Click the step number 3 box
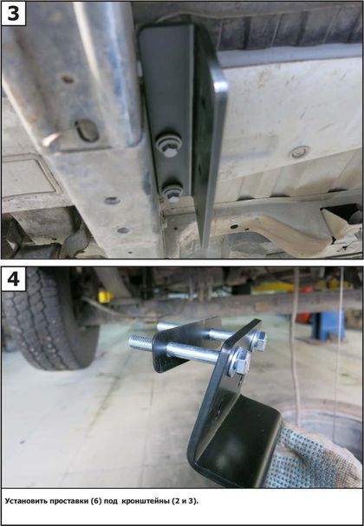(x=14, y=14)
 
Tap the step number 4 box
(x=14, y=279)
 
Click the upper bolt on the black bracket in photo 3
(x=169, y=145)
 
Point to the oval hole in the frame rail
(x=87, y=130)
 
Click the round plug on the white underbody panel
(x=298, y=152)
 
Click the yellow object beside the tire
(x=106, y=297)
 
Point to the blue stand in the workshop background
(x=328, y=324)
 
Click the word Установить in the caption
(x=25, y=501)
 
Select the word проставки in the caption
(x=68, y=501)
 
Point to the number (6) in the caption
(x=95, y=501)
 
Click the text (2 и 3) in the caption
(x=185, y=501)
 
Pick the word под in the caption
(x=111, y=501)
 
